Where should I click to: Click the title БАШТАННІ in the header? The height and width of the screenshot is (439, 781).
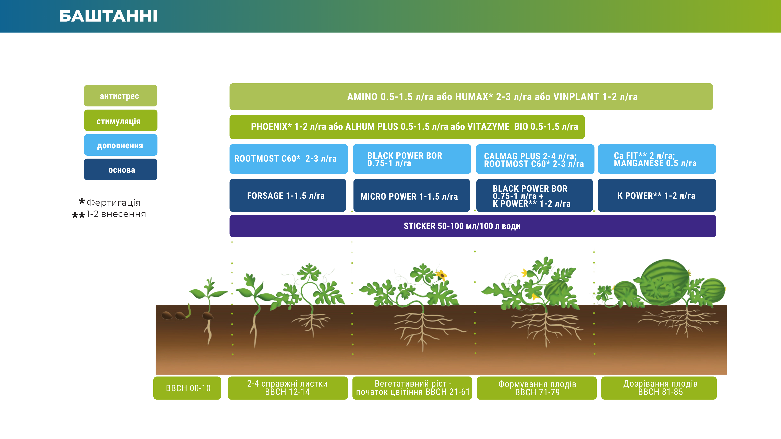pyautogui.click(x=108, y=16)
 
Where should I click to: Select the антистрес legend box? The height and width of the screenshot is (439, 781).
pyautogui.click(x=121, y=96)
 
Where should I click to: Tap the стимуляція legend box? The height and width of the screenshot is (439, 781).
pyautogui.click(x=121, y=121)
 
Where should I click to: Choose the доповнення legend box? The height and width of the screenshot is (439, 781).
pyautogui.click(x=121, y=145)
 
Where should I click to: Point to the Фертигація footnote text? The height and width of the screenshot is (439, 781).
pyautogui.click(x=114, y=202)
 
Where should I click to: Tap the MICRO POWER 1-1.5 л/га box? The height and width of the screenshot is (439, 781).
pyautogui.click(x=412, y=195)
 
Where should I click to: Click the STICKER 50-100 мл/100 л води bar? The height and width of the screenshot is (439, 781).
pyautogui.click(x=473, y=226)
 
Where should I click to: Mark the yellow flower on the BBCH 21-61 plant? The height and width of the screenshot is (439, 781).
pyautogui.click(x=441, y=275)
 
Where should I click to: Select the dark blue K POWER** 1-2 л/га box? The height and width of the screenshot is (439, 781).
pyautogui.click(x=657, y=195)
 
